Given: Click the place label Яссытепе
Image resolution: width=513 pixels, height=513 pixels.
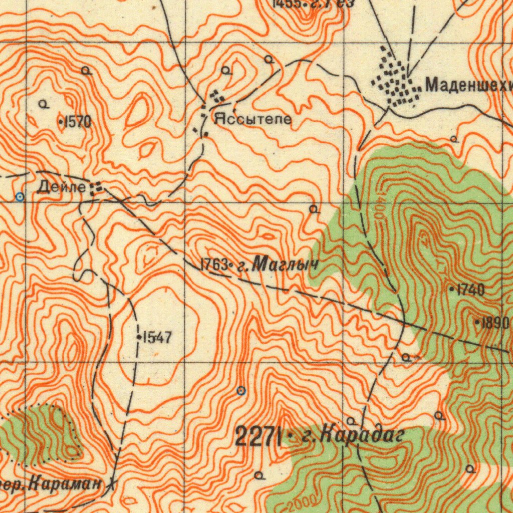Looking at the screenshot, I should (x=253, y=120).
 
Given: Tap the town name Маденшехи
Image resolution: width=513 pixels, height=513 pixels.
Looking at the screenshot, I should (x=468, y=86).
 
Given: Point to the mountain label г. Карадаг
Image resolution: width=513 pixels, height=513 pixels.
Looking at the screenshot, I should (x=353, y=435).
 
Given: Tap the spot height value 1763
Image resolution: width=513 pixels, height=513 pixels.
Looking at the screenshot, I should (x=214, y=265).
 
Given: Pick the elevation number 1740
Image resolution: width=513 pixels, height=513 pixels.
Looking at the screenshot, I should (x=470, y=290).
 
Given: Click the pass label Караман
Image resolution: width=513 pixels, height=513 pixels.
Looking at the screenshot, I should (x=65, y=484).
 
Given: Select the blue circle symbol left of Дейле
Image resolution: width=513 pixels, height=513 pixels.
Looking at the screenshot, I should (x=20, y=197).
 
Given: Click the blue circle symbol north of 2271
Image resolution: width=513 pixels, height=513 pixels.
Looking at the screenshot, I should (x=241, y=390).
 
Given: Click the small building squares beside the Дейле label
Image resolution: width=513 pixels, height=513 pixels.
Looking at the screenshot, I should (x=96, y=188).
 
